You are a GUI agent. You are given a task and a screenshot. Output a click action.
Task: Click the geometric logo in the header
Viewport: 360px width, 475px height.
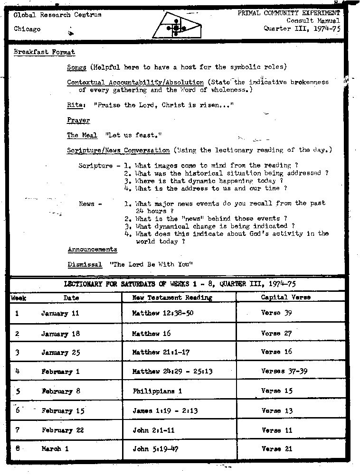176,27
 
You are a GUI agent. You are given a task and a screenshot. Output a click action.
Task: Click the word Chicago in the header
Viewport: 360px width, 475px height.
27,29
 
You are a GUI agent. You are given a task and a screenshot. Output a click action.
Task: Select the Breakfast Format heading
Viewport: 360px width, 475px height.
44,52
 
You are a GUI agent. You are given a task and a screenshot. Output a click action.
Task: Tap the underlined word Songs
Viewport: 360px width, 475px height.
76,67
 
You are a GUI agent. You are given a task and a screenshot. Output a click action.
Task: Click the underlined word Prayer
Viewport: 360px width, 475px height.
78,120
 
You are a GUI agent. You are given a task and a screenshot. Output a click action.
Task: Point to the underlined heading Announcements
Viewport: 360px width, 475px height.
92,249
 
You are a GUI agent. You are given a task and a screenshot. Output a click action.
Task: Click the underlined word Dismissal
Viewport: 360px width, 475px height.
85,264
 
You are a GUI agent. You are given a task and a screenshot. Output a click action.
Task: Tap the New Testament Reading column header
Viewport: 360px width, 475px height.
172,298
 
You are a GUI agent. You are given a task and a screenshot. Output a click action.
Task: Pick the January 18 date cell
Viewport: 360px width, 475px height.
60,334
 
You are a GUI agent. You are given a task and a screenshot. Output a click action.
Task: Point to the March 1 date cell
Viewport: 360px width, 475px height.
55,448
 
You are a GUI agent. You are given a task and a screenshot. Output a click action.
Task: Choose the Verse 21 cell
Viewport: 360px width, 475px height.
277,448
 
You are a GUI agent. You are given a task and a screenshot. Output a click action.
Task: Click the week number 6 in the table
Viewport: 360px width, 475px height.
17,410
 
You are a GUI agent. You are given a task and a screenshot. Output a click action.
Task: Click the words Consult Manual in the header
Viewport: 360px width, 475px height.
313,21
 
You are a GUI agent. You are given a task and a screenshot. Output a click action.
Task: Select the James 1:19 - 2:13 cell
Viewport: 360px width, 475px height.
165,411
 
